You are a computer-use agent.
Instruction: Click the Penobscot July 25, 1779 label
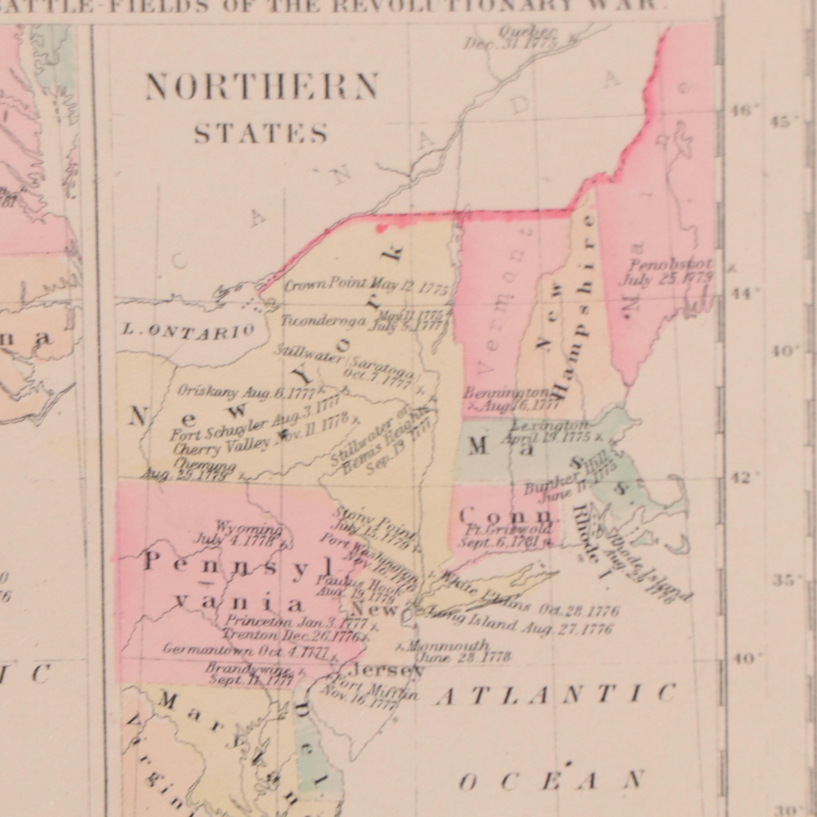coord(667,273)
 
